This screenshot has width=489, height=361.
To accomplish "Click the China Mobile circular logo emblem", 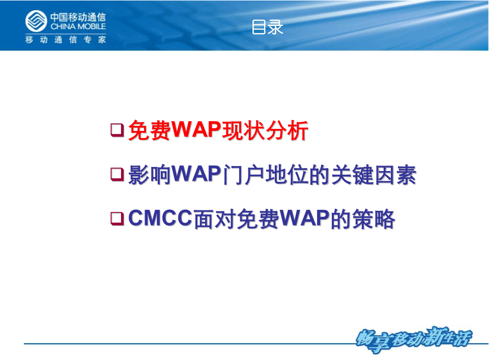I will point(36,21).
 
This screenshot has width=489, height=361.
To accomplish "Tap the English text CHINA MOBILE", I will point(78,26).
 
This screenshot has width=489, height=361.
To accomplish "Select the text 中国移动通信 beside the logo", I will point(78,17).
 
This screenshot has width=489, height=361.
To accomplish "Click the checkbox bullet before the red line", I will point(117,130).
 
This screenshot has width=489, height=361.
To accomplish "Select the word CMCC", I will point(161,219).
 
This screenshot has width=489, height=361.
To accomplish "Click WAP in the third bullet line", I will point(304,219).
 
